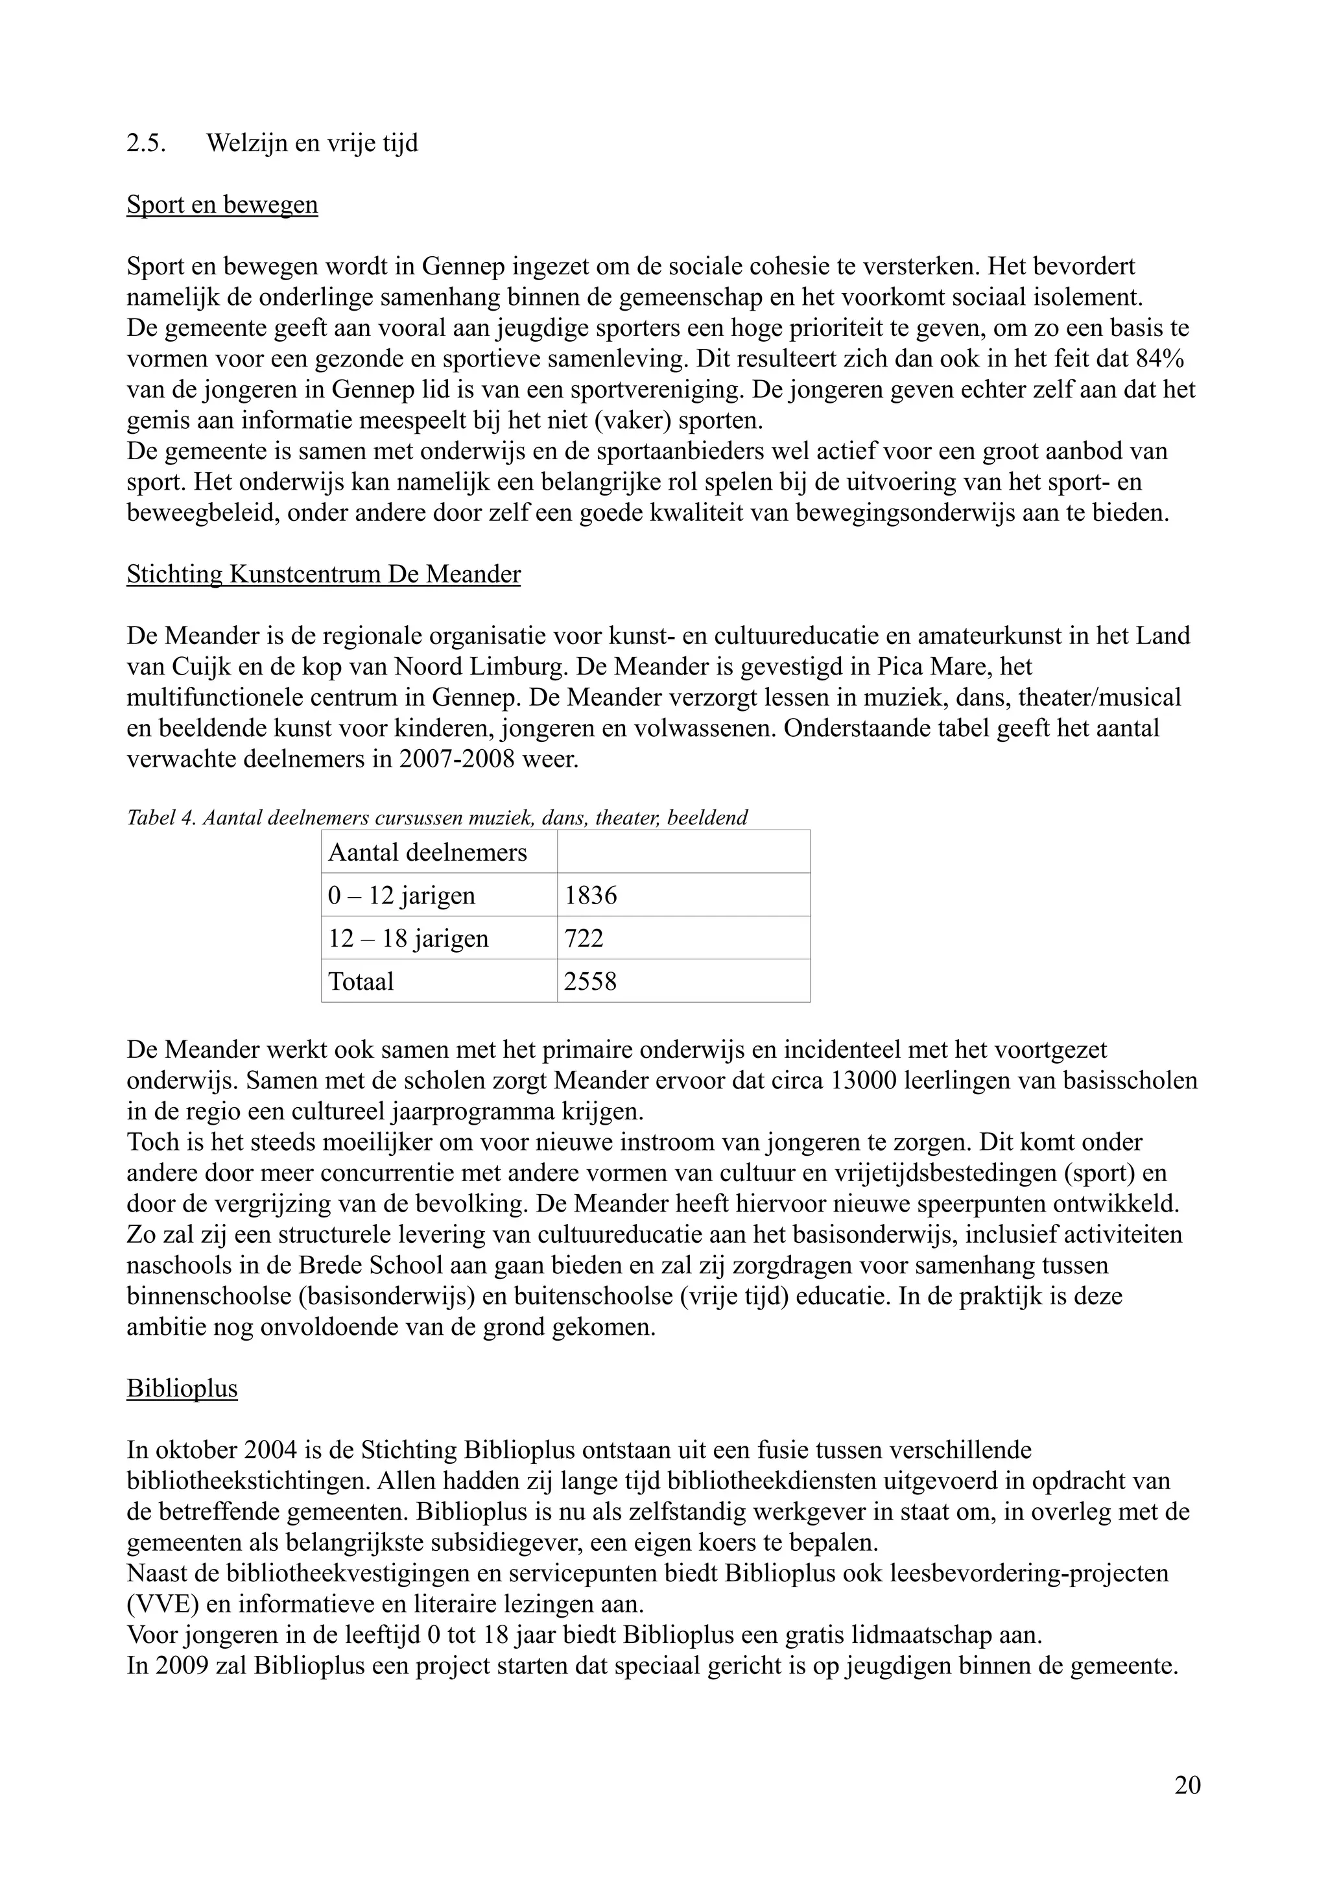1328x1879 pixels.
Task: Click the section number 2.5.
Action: pos(146,144)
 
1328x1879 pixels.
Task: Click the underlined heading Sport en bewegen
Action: pos(222,204)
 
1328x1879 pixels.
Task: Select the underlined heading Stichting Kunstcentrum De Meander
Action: pos(323,575)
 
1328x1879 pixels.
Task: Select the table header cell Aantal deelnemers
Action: pos(427,853)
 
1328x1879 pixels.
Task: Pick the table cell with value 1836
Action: pos(591,895)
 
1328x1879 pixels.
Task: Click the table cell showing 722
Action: pos(584,939)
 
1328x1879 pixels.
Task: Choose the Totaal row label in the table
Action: pos(361,981)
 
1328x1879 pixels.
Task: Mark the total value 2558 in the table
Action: pos(590,981)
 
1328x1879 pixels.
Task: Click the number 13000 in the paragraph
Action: pos(865,1081)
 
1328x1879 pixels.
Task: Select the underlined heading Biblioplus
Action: pos(182,1389)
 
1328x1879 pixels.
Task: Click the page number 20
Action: pos(1187,1786)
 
